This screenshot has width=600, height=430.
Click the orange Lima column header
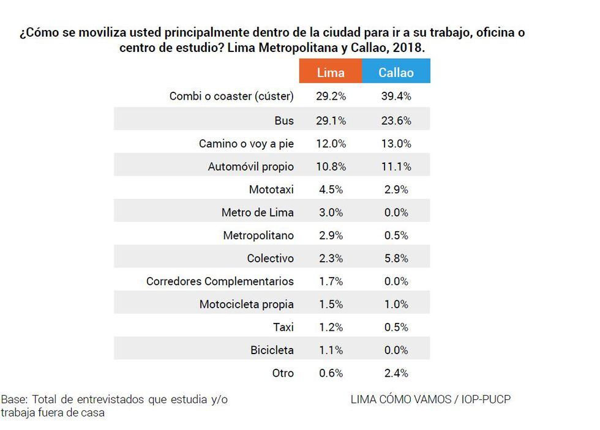point(331,72)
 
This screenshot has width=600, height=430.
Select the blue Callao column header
point(396,72)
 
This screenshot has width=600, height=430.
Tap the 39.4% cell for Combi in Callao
point(396,97)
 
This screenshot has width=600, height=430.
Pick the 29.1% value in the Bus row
point(331,120)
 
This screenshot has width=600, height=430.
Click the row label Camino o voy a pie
point(246,144)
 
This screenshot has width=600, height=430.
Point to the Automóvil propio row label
point(250,166)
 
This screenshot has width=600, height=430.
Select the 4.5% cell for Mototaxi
point(331,190)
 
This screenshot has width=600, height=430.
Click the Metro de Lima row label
point(257,213)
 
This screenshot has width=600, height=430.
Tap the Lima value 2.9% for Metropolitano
point(331,235)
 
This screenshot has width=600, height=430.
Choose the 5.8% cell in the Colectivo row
point(396,259)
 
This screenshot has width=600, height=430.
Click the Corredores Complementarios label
point(220,281)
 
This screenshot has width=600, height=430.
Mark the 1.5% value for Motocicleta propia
point(331,305)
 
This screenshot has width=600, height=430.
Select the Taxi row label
point(283,327)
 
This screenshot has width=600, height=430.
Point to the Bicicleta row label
point(272,350)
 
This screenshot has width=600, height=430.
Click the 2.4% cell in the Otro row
point(396,373)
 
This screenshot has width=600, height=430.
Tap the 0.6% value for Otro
point(331,373)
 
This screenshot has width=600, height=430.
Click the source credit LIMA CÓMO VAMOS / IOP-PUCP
point(430,399)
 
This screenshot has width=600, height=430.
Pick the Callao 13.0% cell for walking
point(396,144)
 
